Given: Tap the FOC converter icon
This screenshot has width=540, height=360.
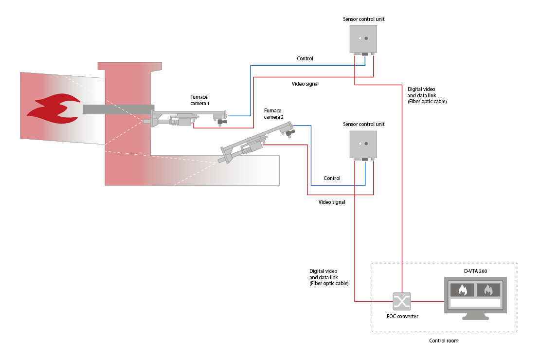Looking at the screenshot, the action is click(x=402, y=302).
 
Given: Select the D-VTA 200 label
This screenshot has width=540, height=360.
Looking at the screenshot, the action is click(x=475, y=271).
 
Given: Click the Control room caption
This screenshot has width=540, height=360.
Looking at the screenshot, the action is click(x=444, y=341).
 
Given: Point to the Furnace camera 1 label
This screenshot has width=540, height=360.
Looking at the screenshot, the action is click(x=200, y=100).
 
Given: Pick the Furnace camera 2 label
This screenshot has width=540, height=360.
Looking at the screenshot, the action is click(x=274, y=114).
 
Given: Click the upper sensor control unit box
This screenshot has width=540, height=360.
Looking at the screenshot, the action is click(x=363, y=39).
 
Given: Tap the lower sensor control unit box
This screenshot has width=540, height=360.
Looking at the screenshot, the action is click(x=363, y=144).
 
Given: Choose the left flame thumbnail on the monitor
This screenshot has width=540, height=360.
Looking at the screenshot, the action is click(x=463, y=290).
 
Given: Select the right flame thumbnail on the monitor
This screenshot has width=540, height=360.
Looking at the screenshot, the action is click(x=488, y=290).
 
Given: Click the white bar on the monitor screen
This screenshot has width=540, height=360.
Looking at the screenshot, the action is click(x=475, y=303).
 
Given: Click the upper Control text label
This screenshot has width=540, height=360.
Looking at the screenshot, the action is click(x=305, y=58).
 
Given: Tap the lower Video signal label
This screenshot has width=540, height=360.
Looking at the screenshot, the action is click(x=332, y=202).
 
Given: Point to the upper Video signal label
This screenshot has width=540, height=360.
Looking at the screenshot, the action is click(x=305, y=84).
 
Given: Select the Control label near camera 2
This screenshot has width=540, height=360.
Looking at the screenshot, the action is click(x=332, y=178).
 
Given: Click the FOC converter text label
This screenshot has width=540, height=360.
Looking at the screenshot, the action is click(x=402, y=316).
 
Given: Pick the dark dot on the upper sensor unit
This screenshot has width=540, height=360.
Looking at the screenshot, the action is click(x=366, y=38).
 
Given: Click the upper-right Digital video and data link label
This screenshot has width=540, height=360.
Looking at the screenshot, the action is click(x=427, y=95).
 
